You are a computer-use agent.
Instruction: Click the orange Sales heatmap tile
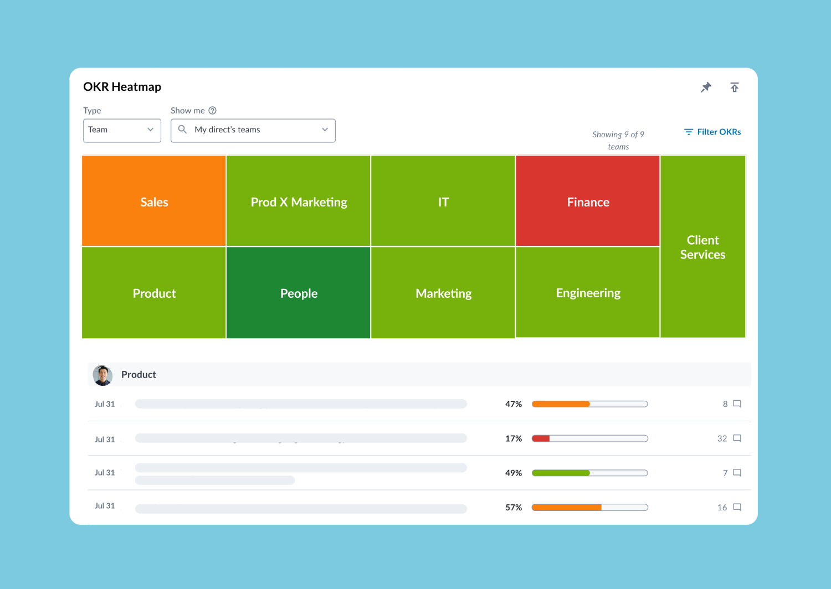[x=154, y=201]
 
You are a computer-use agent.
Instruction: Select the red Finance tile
[x=588, y=201]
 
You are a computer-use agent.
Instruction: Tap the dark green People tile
[x=299, y=293]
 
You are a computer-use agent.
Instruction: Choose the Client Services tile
[x=702, y=247]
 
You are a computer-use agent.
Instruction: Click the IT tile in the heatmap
[x=443, y=201]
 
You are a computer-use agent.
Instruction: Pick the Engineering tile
[x=588, y=292]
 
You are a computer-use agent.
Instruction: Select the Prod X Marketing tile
[x=299, y=201]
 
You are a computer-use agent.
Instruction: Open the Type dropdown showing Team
[x=122, y=130]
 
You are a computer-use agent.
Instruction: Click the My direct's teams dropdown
[x=253, y=130]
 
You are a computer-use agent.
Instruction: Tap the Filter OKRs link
[x=712, y=132]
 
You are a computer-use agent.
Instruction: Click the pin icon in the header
[x=706, y=87]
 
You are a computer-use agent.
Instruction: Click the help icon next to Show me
[x=212, y=111]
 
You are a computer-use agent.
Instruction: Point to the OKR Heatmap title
[x=122, y=87]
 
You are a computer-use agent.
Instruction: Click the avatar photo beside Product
[x=102, y=375]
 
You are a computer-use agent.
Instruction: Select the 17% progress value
[x=514, y=438]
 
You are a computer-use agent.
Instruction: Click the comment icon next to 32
[x=737, y=438]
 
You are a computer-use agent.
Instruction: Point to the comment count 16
[x=722, y=507]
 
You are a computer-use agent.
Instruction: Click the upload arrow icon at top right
[x=735, y=87]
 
